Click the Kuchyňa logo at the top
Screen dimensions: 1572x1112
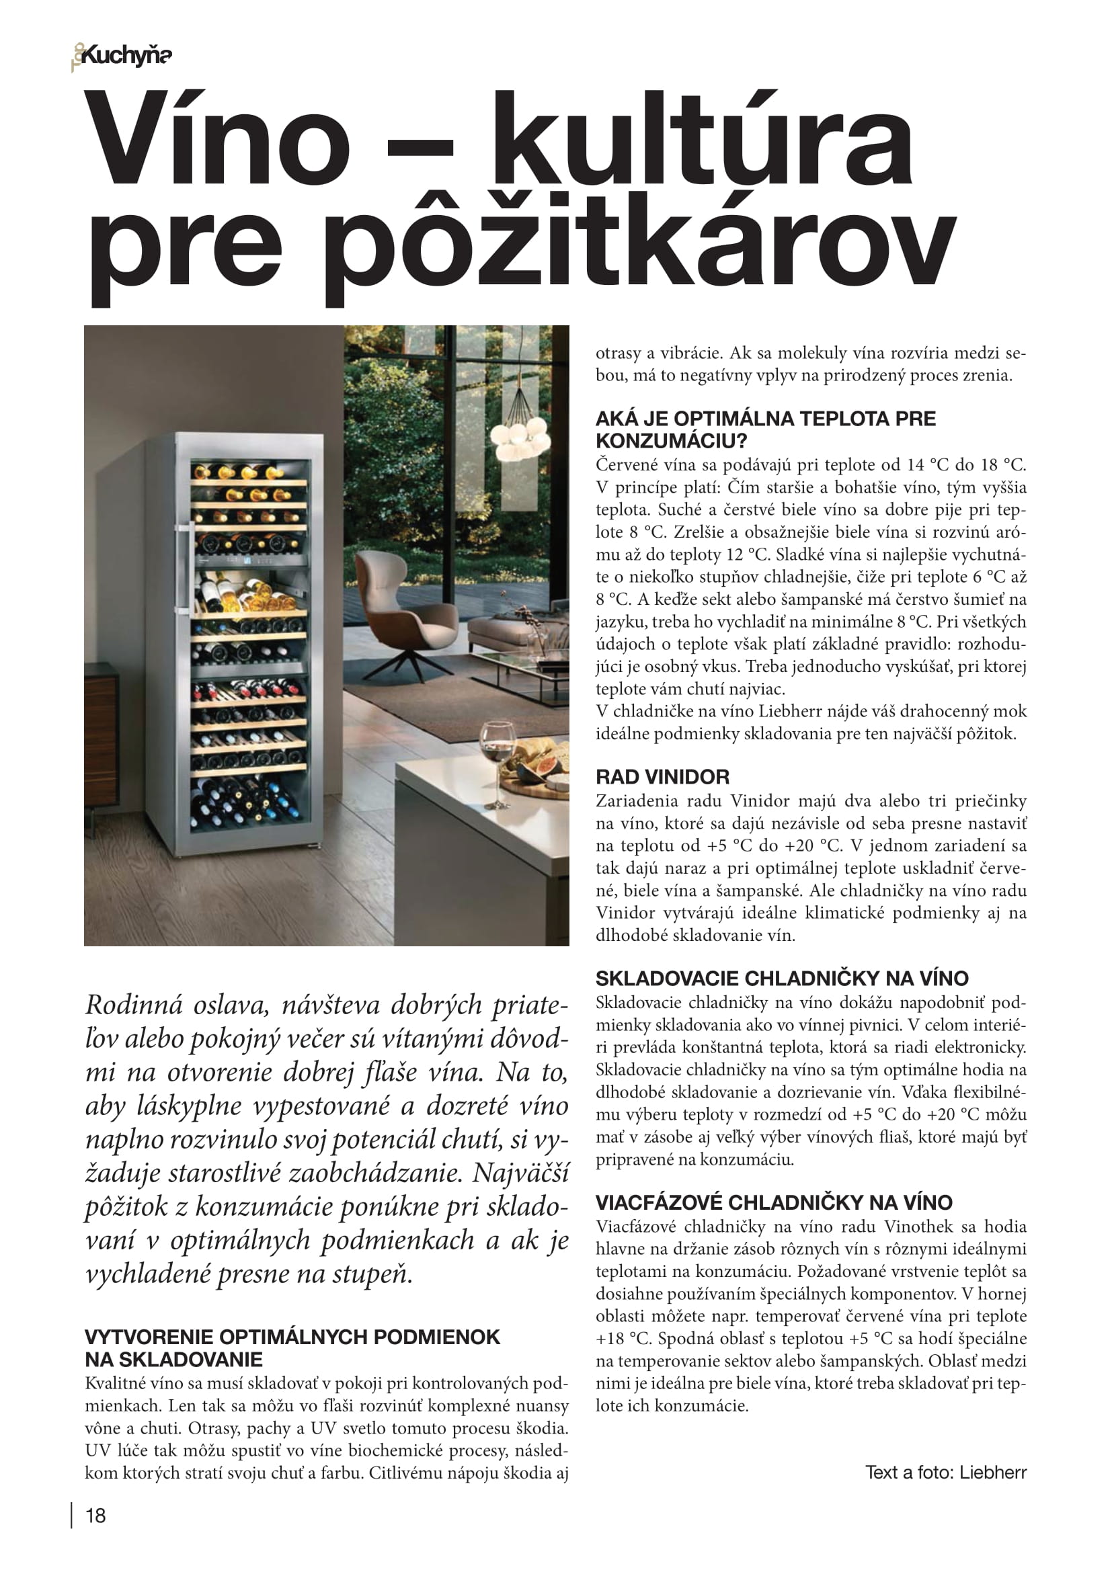coord(123,56)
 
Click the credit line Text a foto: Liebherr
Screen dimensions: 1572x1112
coord(946,1472)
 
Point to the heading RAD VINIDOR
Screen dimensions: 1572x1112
coord(662,776)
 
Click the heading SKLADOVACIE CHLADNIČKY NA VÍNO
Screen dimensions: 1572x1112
coord(782,978)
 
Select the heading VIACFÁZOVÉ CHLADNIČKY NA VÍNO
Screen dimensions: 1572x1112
coord(774,1202)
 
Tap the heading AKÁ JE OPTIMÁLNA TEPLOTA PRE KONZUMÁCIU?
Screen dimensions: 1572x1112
coord(765,429)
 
